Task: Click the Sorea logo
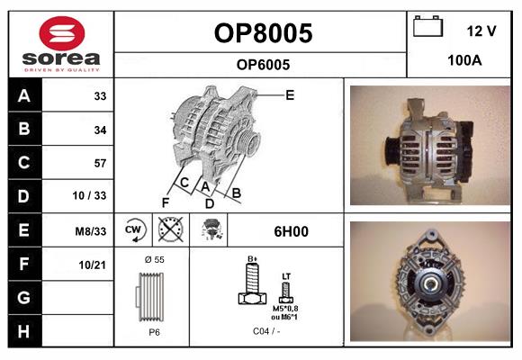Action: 61,43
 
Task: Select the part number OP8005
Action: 263,33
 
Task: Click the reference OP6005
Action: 263,64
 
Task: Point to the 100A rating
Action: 463,60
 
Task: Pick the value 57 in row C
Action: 99,163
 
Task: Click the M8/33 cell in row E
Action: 91,230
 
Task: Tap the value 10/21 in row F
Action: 93,264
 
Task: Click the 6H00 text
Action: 290,231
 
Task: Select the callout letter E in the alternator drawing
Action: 290,94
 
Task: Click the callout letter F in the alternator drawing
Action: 165,202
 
